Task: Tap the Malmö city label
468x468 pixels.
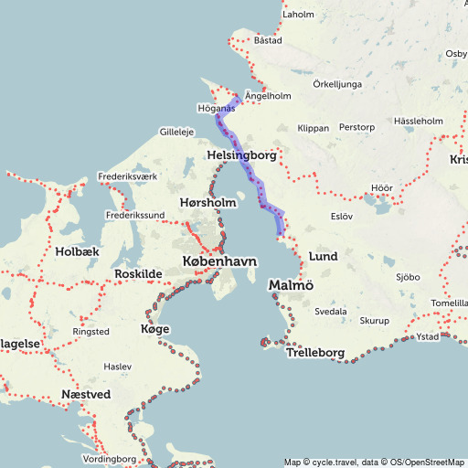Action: [292, 287]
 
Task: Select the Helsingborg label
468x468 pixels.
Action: [241, 155]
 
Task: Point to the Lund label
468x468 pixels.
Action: [324, 257]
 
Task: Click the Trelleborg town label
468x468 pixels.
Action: [314, 353]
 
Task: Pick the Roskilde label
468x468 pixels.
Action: [138, 274]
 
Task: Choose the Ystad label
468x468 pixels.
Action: [427, 335]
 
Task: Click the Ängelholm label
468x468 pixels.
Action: [268, 95]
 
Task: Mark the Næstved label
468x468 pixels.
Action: [85, 394]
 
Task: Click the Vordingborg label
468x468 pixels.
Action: [108, 458]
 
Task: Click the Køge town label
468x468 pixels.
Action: [153, 328]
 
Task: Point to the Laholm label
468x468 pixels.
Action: [298, 15]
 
